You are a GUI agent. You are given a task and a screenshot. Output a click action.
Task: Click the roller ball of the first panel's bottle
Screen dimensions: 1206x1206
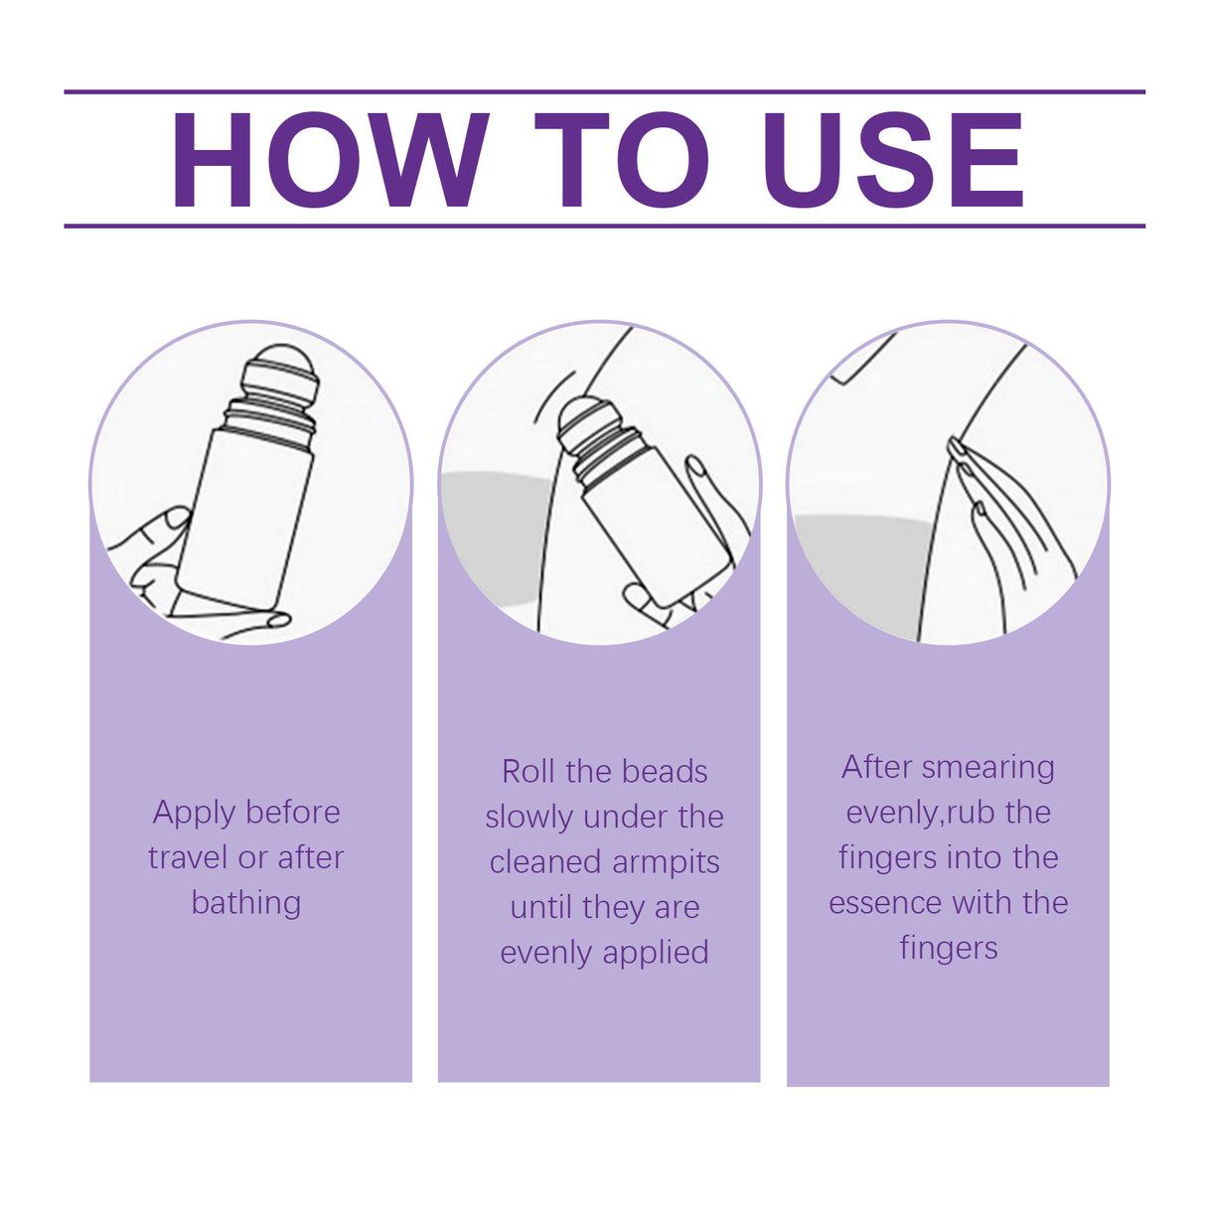282,367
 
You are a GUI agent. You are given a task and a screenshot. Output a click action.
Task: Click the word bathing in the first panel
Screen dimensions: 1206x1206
246,902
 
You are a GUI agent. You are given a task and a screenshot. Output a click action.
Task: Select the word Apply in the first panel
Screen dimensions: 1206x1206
195,813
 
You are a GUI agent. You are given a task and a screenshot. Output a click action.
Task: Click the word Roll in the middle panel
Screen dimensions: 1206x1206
527,772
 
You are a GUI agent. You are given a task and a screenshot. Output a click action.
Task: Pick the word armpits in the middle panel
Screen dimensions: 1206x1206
665,862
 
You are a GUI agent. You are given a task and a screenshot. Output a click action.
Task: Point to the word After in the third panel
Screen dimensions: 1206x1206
877,767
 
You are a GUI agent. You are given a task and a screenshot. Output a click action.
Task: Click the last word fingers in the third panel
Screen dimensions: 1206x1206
948,948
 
